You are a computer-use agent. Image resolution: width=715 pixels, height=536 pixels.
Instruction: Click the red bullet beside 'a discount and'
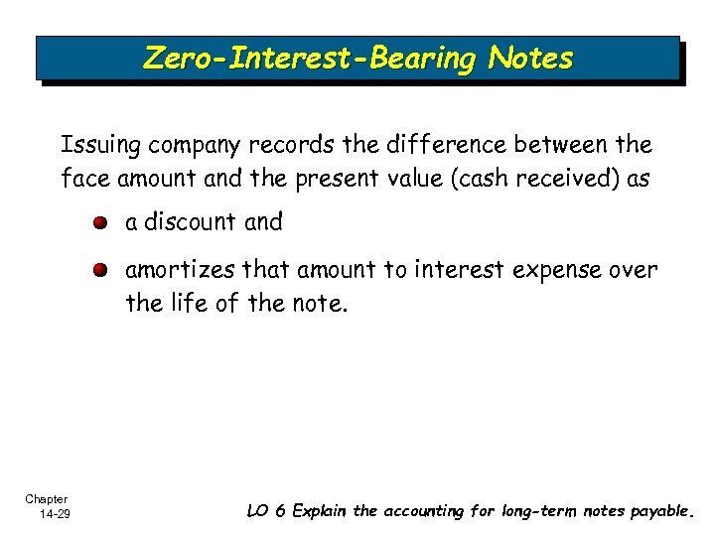[x=102, y=222]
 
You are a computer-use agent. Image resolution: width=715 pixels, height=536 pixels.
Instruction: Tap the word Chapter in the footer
[x=47, y=499]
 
